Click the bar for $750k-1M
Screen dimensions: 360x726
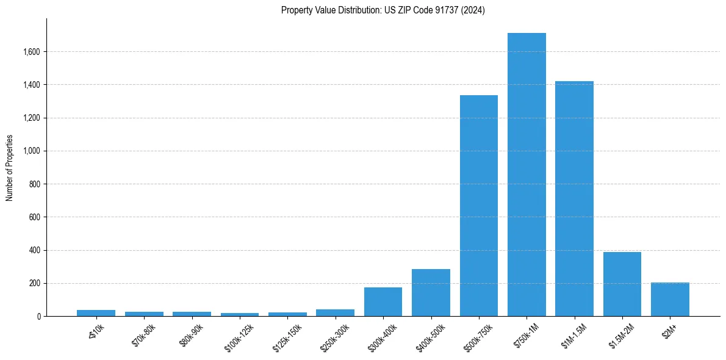[527, 175]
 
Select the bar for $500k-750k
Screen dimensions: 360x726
[479, 206]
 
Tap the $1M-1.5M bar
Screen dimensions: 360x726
[574, 198]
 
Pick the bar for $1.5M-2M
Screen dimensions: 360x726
[622, 284]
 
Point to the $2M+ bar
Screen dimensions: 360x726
[670, 299]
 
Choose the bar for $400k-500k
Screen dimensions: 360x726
[431, 292]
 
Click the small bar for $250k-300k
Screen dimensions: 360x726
[335, 312]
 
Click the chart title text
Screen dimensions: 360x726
[383, 10]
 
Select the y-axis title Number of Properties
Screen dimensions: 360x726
[10, 167]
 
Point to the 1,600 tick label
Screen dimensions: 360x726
[31, 52]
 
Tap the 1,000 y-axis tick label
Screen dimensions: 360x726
[31, 151]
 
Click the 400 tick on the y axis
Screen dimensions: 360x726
[34, 250]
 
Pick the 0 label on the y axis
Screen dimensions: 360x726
[38, 316]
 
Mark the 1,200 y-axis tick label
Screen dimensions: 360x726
[31, 118]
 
